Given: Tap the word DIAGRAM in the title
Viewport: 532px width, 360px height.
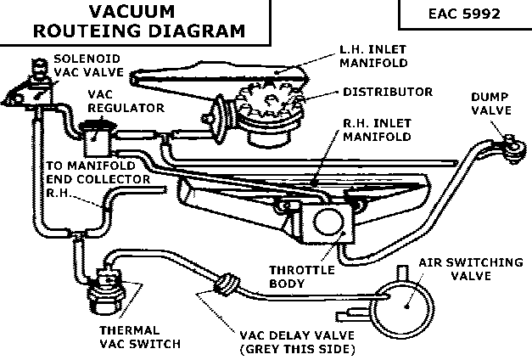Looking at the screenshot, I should click(197, 31).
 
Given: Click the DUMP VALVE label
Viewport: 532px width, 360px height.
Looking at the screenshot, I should click(491, 104).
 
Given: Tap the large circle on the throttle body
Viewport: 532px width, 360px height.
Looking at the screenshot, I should click(325, 223).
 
